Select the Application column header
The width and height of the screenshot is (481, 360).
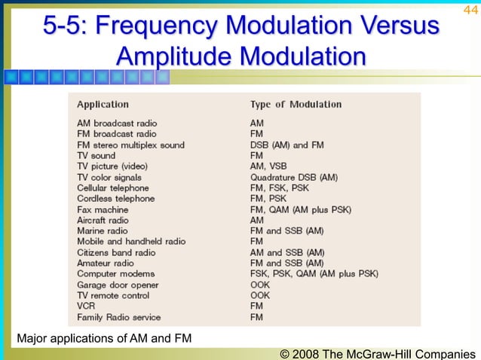(x=103, y=105)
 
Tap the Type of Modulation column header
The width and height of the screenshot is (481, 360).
(x=296, y=105)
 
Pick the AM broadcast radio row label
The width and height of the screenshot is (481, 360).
(x=117, y=123)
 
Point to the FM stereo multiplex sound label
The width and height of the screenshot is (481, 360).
(x=130, y=145)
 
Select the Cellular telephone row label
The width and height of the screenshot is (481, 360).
(x=113, y=188)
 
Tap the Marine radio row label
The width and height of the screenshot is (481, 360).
(x=103, y=231)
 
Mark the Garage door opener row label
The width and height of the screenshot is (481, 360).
(x=118, y=285)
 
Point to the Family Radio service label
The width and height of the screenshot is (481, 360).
(x=118, y=318)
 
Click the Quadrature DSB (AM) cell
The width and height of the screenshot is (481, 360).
(x=294, y=177)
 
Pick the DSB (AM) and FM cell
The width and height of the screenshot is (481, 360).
(x=287, y=145)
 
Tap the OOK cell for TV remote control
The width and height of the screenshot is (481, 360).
(x=260, y=296)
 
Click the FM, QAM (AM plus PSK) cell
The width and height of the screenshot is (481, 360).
(x=300, y=209)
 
